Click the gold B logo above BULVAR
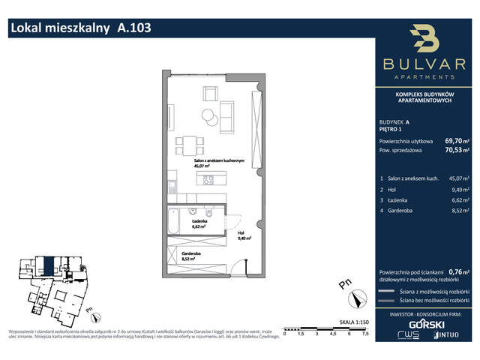click(x=424, y=41)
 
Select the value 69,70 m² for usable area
click(x=454, y=140)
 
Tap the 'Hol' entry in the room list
click(x=394, y=190)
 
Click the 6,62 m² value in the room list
click(x=458, y=201)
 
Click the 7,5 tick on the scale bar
click(x=365, y=335)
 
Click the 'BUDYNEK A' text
click(x=394, y=121)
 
